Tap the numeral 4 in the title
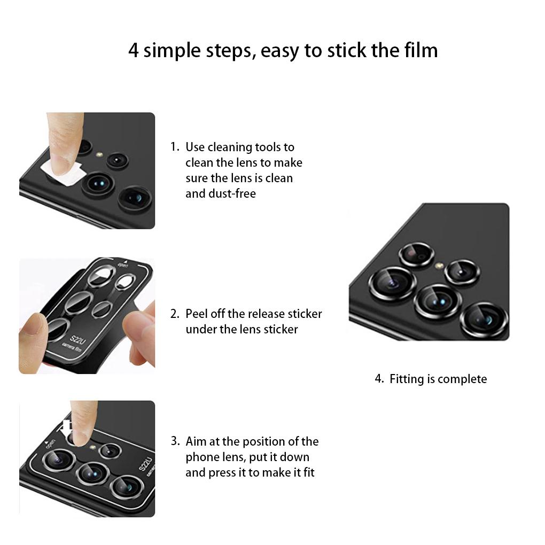[134, 51]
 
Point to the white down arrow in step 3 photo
[67, 428]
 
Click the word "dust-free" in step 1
[220, 193]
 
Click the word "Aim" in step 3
[196, 441]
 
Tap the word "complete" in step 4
[462, 379]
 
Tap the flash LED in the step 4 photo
[439, 265]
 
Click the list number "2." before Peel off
[175, 314]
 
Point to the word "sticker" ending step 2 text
[278, 329]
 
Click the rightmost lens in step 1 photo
[135, 198]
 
